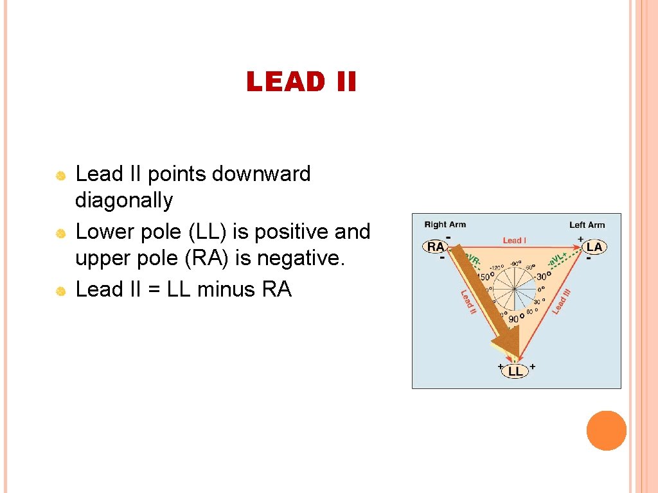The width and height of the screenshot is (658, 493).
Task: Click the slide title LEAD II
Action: coord(301,82)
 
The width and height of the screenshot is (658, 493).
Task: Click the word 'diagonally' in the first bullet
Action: coord(124,201)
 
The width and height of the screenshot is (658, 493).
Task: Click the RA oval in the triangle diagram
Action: coord(436,246)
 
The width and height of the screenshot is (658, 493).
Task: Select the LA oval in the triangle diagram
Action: coord(594,247)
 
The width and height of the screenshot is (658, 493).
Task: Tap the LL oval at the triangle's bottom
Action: coord(515,371)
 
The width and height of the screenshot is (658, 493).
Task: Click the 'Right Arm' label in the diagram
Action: coord(445,225)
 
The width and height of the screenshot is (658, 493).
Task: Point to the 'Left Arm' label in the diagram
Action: coord(587,225)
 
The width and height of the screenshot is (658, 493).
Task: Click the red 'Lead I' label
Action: coord(514,240)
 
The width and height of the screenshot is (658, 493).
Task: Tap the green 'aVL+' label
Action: coord(557,259)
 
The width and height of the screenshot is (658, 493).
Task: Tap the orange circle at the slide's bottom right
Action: coord(606,431)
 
